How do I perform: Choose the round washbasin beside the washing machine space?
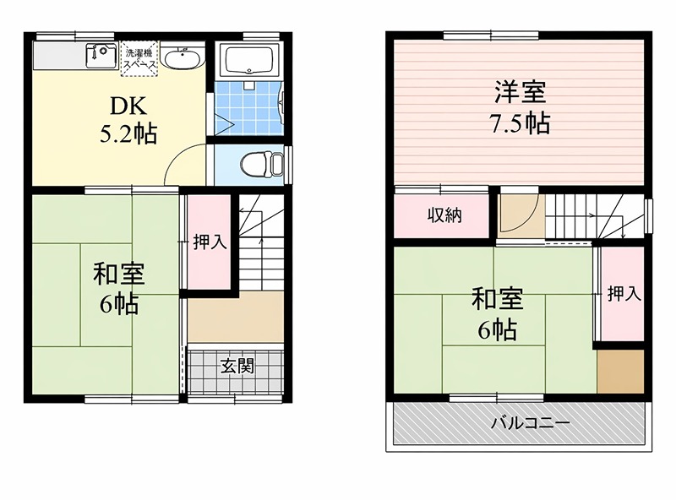(x=181, y=59)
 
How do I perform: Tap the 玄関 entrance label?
(x=237, y=367)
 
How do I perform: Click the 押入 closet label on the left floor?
(x=209, y=242)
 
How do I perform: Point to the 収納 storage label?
(x=443, y=215)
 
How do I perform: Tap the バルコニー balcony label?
(x=518, y=422)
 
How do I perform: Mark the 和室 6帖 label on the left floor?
(x=118, y=289)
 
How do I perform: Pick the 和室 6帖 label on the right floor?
(x=497, y=314)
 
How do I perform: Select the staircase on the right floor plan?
(x=591, y=217)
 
